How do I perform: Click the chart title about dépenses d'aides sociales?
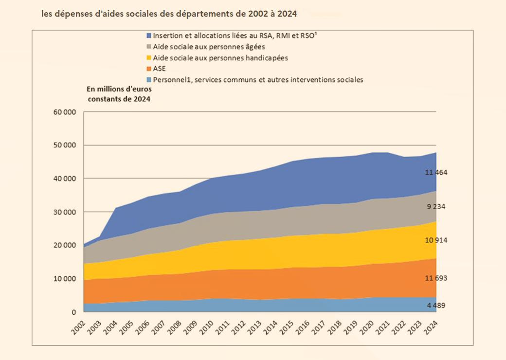[x=170, y=14]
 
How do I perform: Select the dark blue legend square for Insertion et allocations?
[x=148, y=36]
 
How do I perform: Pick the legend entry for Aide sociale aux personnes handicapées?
[x=220, y=58]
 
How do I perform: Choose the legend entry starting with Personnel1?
[x=258, y=80]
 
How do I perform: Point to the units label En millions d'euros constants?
[x=119, y=94]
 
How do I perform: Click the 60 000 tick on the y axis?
[x=65, y=112]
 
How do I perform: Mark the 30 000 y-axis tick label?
[x=65, y=212]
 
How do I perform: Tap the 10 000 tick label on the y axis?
[x=65, y=279]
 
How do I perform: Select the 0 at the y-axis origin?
[x=74, y=312]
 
